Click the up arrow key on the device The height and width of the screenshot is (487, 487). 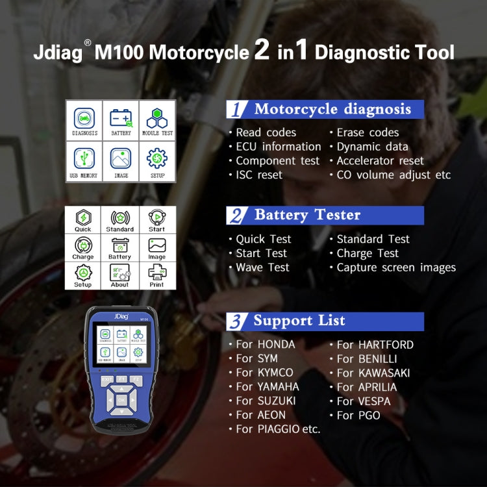click(121, 390)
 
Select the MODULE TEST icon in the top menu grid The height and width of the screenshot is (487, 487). click(157, 121)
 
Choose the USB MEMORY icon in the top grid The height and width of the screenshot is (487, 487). click(84, 161)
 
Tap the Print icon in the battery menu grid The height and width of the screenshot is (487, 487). click(156, 274)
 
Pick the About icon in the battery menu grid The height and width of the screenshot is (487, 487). click(120, 274)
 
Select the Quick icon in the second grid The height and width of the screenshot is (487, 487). click(83, 219)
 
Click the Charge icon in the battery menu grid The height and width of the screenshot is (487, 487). click(83, 247)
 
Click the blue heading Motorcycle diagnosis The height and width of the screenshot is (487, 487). click(332, 109)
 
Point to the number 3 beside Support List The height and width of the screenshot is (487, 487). click(238, 321)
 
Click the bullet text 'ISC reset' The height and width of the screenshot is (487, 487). click(258, 175)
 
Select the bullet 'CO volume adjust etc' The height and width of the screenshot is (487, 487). click(393, 175)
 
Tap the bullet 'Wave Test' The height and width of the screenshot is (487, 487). click(262, 268)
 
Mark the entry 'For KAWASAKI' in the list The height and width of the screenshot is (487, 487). click(373, 373)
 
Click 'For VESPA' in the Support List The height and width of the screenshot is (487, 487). click(364, 401)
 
